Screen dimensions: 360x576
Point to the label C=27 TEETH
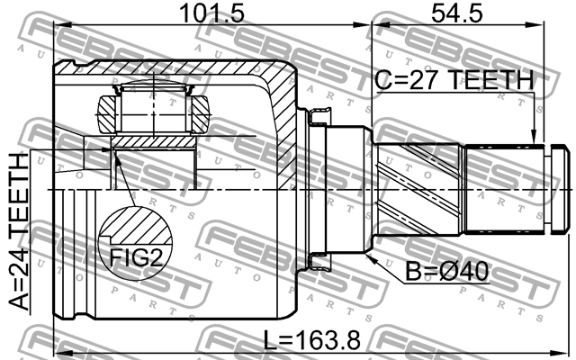454,80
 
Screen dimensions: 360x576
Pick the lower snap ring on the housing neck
319,262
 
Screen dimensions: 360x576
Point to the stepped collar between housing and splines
346,189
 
